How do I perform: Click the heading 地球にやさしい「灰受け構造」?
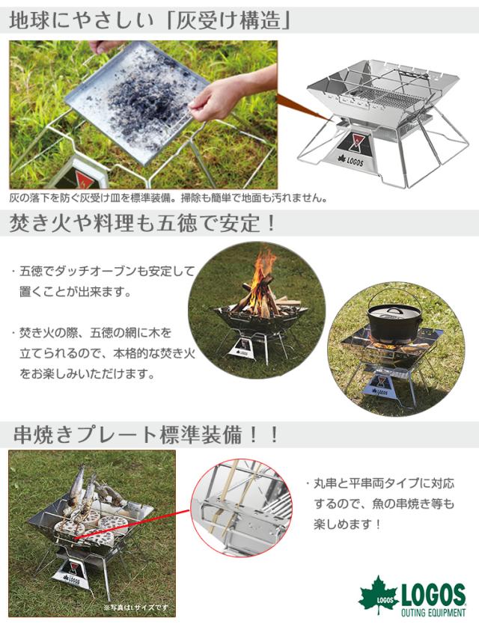coord(150,21)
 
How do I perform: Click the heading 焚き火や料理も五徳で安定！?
coord(142,224)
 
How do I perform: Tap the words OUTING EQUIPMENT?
coord(433,613)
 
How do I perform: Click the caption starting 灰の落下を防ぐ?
coord(168,198)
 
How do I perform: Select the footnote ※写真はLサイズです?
coord(135,607)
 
